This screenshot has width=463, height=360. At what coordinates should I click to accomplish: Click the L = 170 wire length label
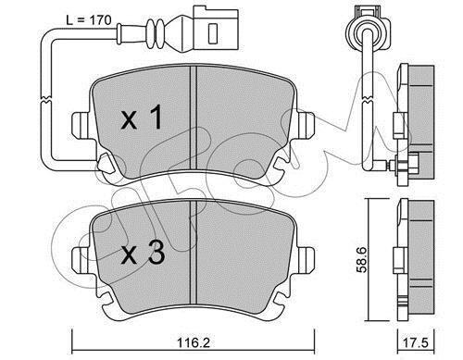pyautogui.click(x=89, y=20)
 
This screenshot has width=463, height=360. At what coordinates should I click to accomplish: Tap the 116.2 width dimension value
pyautogui.click(x=194, y=342)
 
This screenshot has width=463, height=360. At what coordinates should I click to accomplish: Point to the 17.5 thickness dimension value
pyautogui.click(x=416, y=343)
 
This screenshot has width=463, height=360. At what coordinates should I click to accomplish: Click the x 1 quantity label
pyautogui.click(x=142, y=118)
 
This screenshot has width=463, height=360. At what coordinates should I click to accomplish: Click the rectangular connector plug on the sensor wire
pyautogui.click(x=216, y=30)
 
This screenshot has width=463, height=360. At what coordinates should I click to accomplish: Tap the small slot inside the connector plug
pyautogui.click(x=213, y=33)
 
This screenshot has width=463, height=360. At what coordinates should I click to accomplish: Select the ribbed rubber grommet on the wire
pyautogui.click(x=156, y=34)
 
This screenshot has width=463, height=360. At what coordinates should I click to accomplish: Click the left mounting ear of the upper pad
pyautogui.click(x=81, y=125)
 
